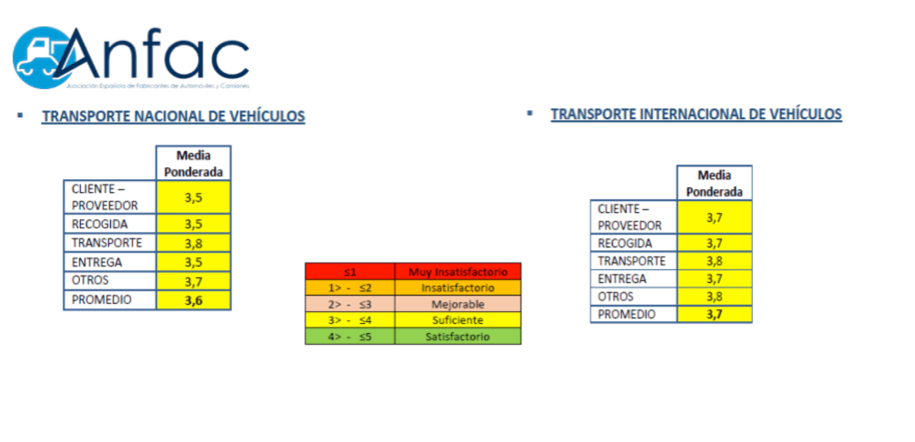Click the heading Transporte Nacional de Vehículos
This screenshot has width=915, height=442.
pyautogui.click(x=173, y=116)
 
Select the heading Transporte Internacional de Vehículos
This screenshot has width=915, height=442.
pyautogui.click(x=696, y=114)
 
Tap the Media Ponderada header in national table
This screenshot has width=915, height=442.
pyautogui.click(x=193, y=164)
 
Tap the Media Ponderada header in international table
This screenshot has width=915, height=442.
pyautogui.click(x=714, y=183)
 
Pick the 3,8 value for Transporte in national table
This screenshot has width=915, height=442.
pyautogui.click(x=193, y=243)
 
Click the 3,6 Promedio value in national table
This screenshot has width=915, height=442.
pyautogui.click(x=193, y=299)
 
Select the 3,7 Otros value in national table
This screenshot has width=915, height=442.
pyautogui.click(x=193, y=280)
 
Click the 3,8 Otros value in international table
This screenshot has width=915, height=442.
pyautogui.click(x=714, y=296)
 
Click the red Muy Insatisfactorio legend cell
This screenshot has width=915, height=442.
pyautogui.click(x=457, y=271)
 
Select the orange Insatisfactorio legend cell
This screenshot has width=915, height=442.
pyautogui.click(x=457, y=287)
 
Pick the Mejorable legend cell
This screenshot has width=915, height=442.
pyautogui.click(x=457, y=304)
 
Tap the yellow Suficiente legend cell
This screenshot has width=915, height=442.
pyautogui.click(x=457, y=320)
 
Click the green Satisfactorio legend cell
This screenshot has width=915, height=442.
pyautogui.click(x=457, y=337)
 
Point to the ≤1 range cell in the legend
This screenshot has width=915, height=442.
pyautogui.click(x=349, y=271)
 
